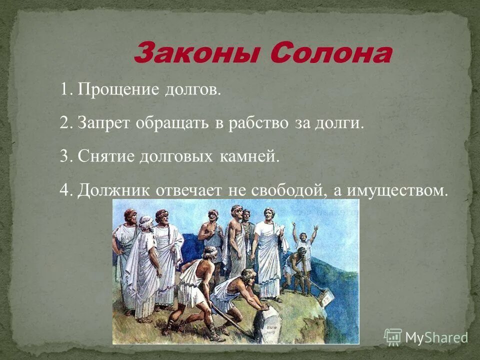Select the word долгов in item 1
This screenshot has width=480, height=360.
[x=191, y=90]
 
